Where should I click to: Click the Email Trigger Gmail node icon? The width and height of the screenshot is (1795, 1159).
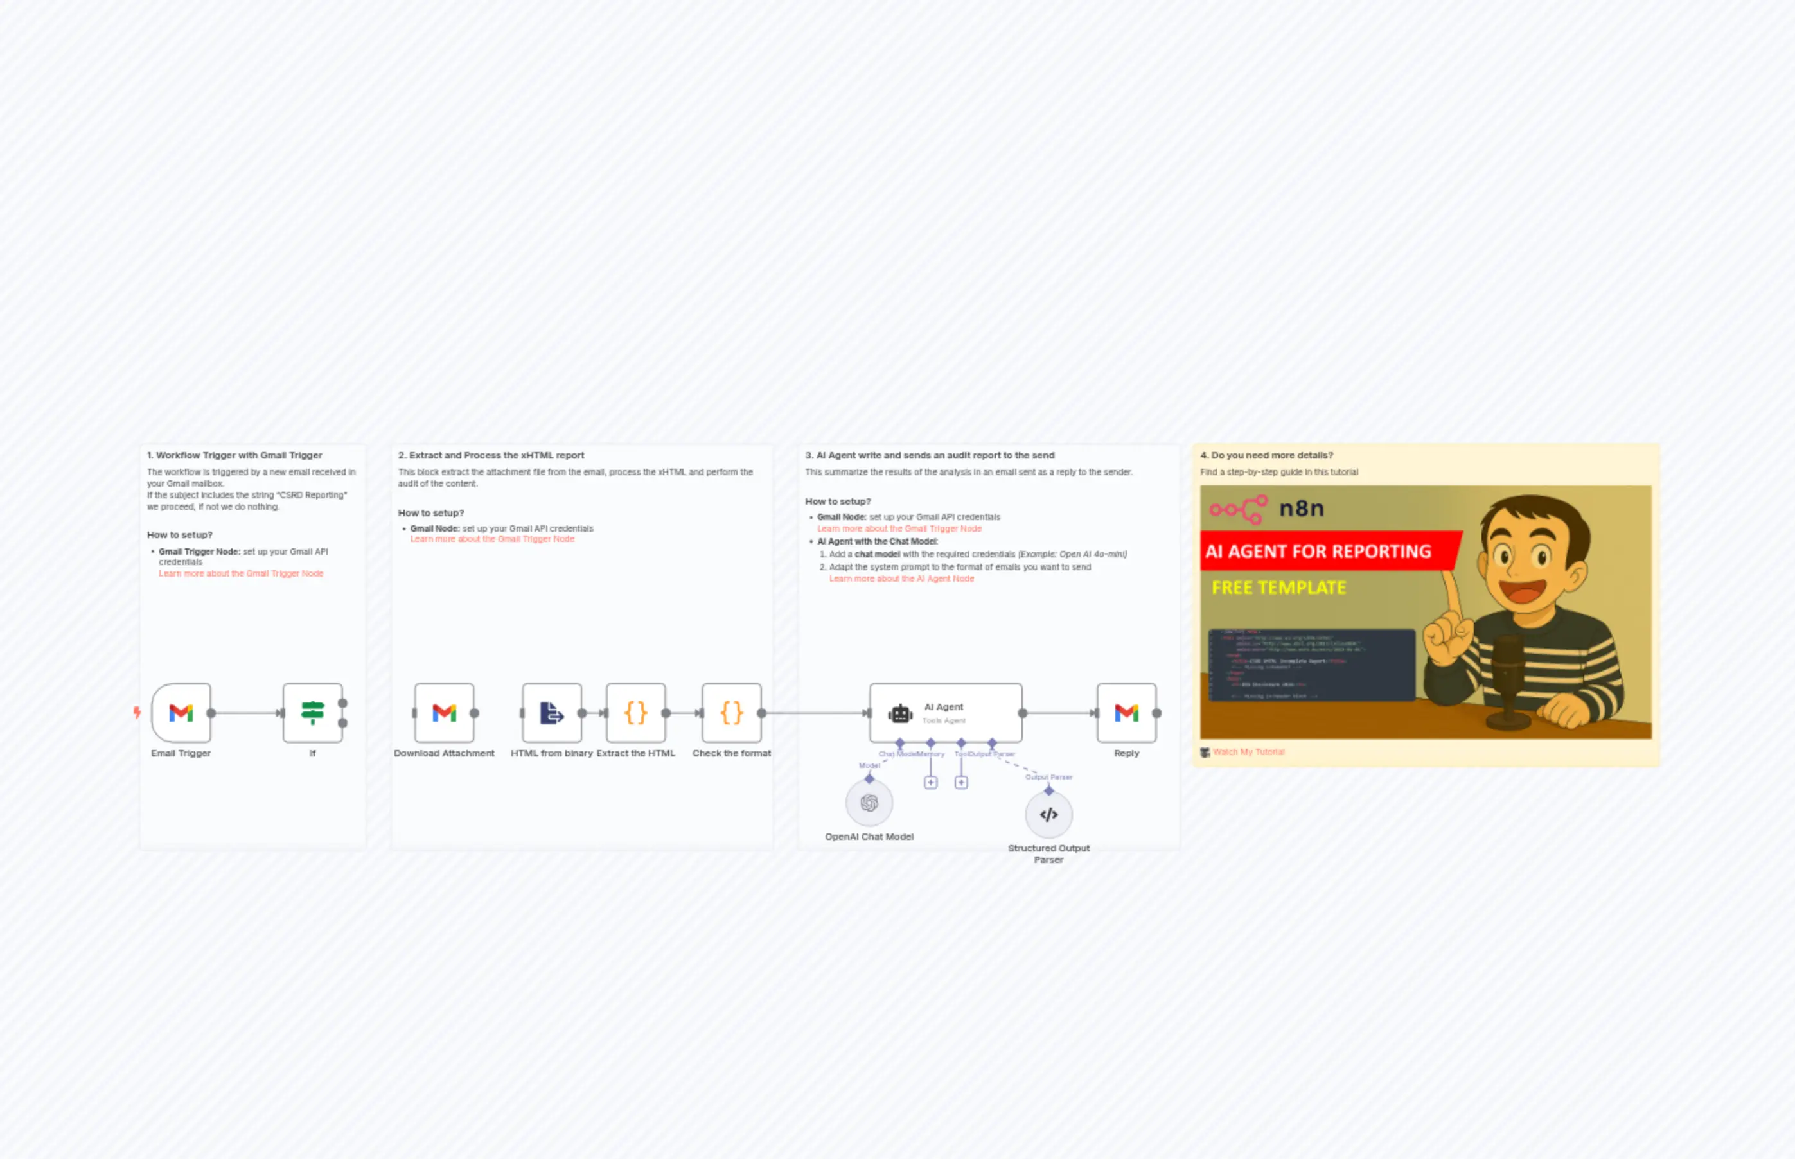click(x=181, y=713)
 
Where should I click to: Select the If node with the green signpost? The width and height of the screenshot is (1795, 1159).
click(x=312, y=713)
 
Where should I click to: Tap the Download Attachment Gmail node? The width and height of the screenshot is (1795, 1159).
click(x=444, y=713)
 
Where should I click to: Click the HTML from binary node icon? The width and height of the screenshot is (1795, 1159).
click(x=552, y=713)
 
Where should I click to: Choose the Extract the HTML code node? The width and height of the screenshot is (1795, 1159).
click(x=635, y=713)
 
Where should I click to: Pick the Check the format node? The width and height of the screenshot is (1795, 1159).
click(x=731, y=713)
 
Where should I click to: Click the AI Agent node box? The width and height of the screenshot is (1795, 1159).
click(x=946, y=713)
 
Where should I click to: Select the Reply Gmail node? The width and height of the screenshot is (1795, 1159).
click(x=1126, y=713)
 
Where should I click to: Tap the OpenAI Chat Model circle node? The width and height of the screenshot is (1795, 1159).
click(x=869, y=803)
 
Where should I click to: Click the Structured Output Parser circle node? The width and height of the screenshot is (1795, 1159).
click(x=1049, y=814)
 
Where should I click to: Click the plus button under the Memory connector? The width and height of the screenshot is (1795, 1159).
click(x=931, y=783)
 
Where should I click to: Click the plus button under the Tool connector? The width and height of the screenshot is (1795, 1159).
click(x=960, y=783)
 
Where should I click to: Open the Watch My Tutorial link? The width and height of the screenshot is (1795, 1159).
click(x=1248, y=752)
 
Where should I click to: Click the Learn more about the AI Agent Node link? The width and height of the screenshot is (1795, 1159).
click(x=901, y=579)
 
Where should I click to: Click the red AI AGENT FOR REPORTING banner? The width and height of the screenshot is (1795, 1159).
click(x=1318, y=552)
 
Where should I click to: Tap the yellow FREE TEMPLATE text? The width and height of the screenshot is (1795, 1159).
click(x=1278, y=588)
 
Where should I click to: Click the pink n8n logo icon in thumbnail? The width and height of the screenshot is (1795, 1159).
click(x=1239, y=509)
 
